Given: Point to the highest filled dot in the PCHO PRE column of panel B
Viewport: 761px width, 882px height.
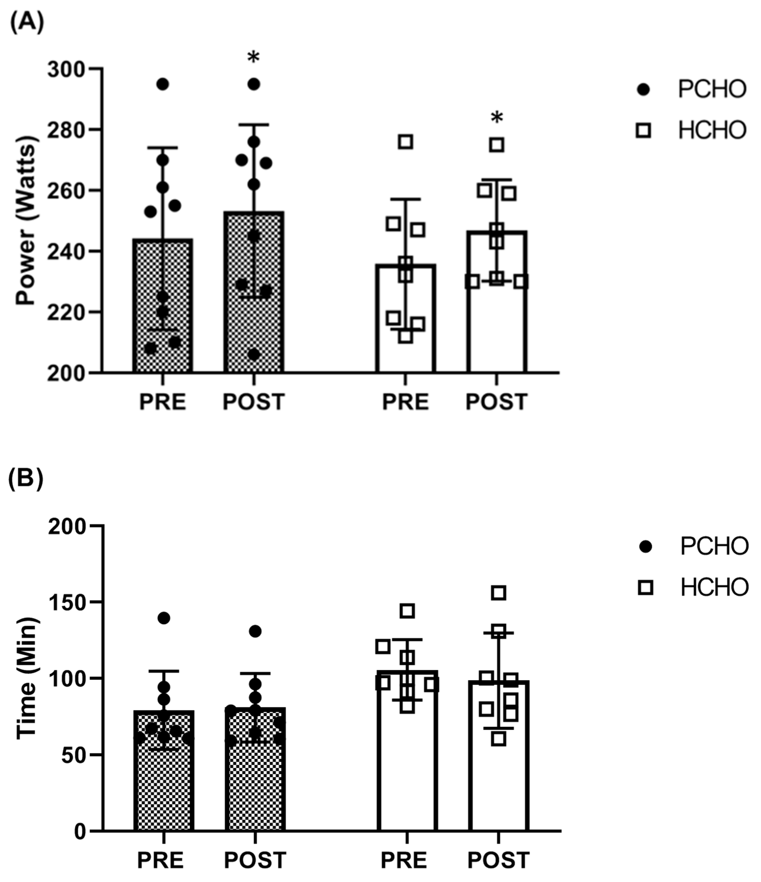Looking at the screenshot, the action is coord(164,618).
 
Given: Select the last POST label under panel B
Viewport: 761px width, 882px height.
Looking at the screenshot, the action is coord(498,860).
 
